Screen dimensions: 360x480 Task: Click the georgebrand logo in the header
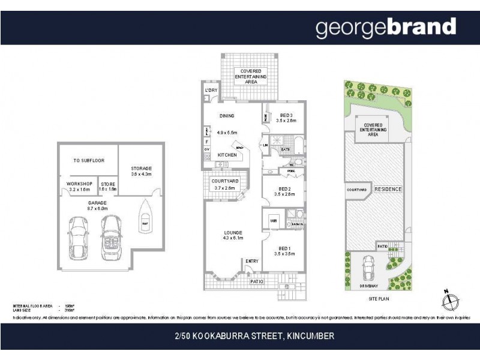[386, 28]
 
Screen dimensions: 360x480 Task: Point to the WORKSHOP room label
[79, 183]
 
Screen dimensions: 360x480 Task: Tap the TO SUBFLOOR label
[86, 160]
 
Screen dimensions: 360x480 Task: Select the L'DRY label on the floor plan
[211, 90]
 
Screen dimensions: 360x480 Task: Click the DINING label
[226, 116]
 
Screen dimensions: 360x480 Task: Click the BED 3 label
[286, 115]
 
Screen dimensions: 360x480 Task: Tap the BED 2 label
[285, 188]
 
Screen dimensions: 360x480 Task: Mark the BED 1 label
[285, 248]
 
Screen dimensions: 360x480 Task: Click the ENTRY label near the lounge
[252, 260]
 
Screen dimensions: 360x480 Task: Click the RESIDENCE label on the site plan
[388, 189]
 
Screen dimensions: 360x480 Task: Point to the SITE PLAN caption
[378, 298]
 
